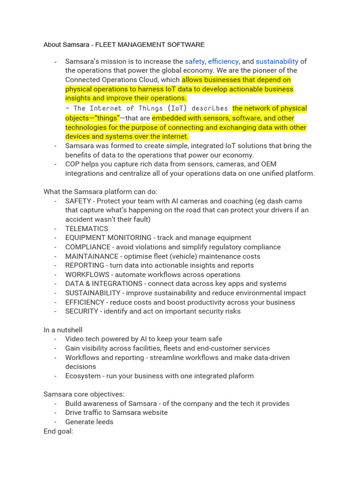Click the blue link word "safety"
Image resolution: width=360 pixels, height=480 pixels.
(x=195, y=61)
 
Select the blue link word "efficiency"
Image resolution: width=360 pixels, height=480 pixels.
(x=223, y=61)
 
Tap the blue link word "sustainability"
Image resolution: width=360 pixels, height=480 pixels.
(x=277, y=61)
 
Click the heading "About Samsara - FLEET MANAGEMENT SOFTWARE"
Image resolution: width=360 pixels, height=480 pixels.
(x=124, y=45)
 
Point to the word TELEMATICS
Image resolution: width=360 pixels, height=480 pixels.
(x=87, y=229)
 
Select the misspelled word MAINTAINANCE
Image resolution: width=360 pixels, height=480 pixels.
(x=92, y=256)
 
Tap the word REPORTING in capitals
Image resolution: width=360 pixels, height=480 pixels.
(x=85, y=265)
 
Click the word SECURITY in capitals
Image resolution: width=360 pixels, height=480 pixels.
(x=82, y=311)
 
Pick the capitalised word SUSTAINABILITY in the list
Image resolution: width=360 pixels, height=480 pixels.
(x=93, y=293)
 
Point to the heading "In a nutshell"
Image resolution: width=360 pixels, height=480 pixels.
(x=63, y=330)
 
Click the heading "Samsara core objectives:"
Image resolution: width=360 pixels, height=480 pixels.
(x=84, y=394)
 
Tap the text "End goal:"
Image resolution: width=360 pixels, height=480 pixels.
(x=58, y=431)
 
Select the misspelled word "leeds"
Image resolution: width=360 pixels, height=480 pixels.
(x=104, y=422)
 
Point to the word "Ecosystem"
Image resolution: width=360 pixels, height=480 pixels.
(x=83, y=376)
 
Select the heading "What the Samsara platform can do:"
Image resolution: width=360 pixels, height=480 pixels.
(x=100, y=192)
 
